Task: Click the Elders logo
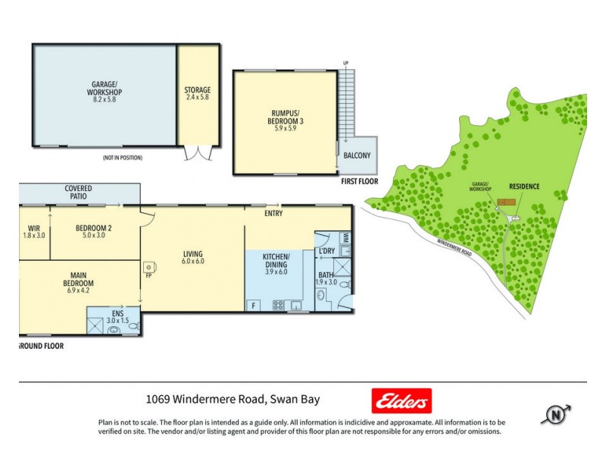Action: pyautogui.click(x=401, y=400)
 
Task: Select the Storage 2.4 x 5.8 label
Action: pyautogui.click(x=198, y=95)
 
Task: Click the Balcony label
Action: pyautogui.click(x=357, y=156)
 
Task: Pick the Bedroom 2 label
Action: pyautogui.click(x=94, y=231)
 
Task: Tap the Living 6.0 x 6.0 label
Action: pyautogui.click(x=193, y=257)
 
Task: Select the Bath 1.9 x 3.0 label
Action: pyautogui.click(x=326, y=278)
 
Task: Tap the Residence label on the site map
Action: pyautogui.click(x=523, y=186)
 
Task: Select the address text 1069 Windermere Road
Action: pyautogui.click(x=250, y=400)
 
